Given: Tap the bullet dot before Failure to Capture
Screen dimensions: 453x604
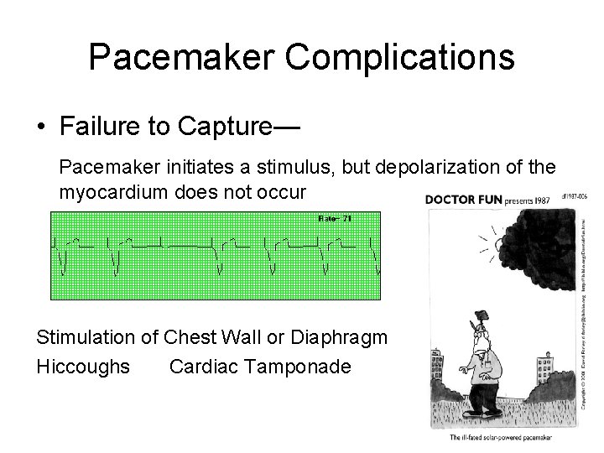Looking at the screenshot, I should [41, 128].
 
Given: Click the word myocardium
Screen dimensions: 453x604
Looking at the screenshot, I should [113, 192].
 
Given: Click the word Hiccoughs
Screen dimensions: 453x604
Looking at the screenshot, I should [83, 367].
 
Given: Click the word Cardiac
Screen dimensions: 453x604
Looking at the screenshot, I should [201, 367].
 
